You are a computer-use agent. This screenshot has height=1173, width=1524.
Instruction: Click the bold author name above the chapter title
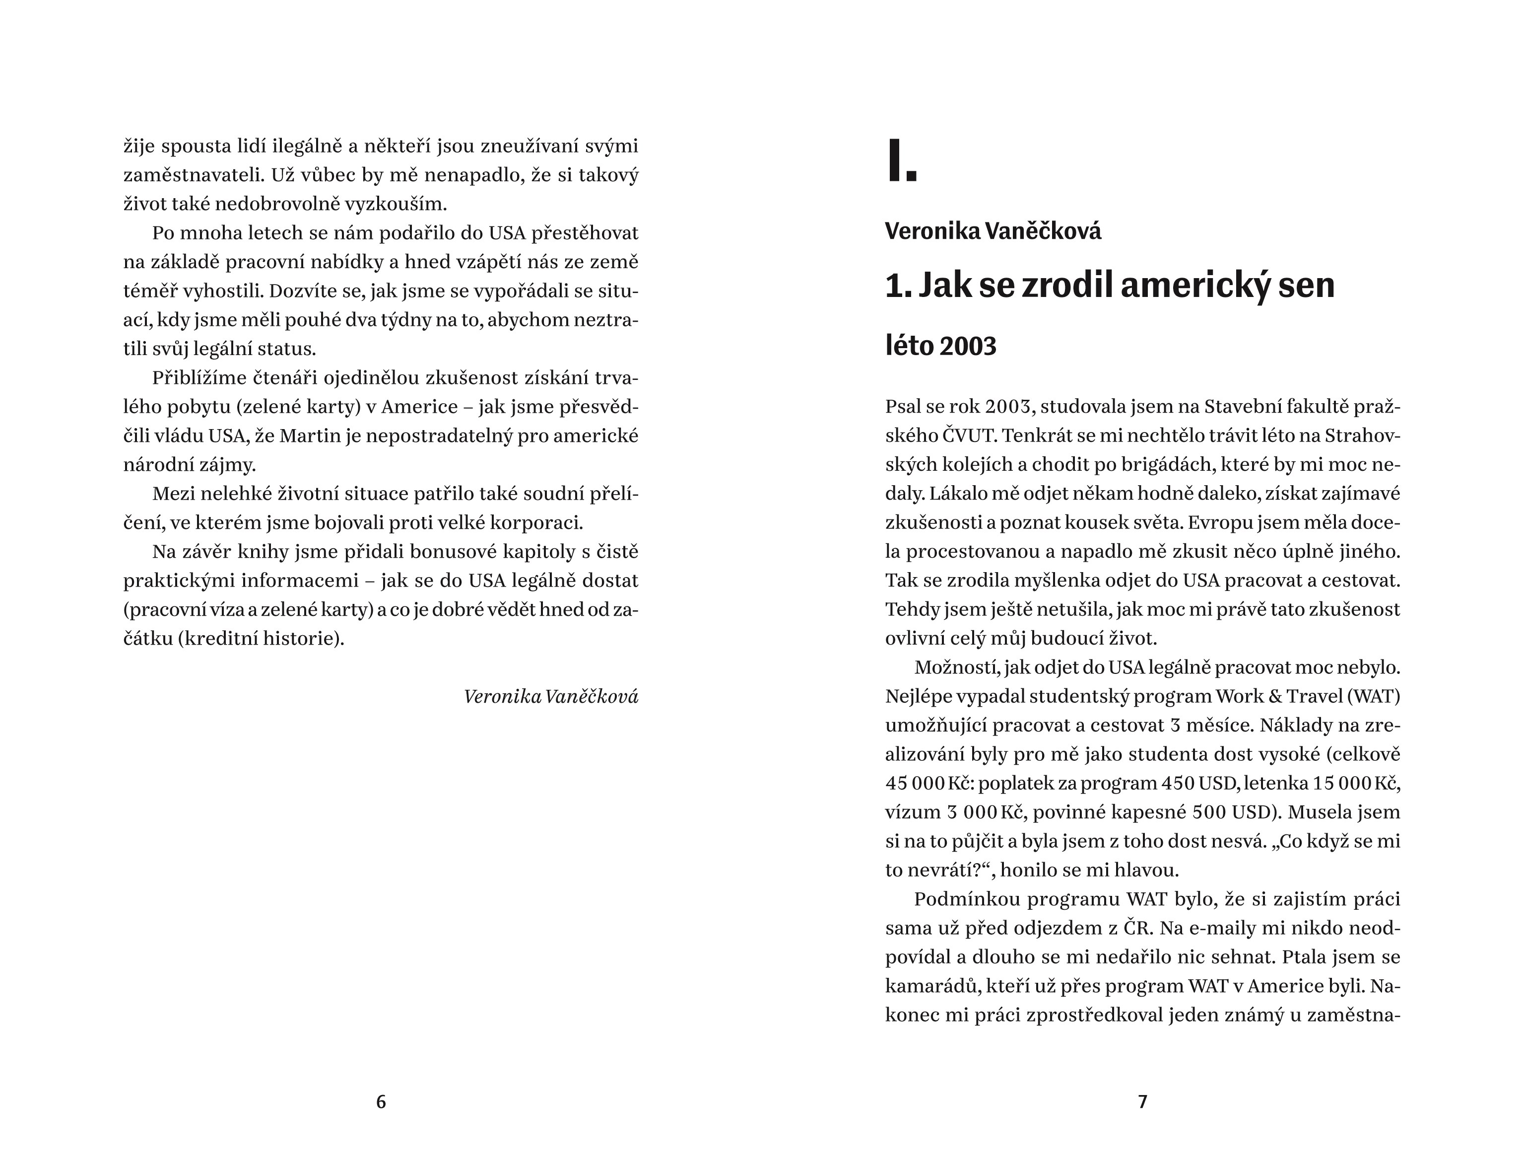click(993, 231)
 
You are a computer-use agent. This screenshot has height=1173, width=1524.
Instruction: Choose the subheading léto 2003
click(940, 346)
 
